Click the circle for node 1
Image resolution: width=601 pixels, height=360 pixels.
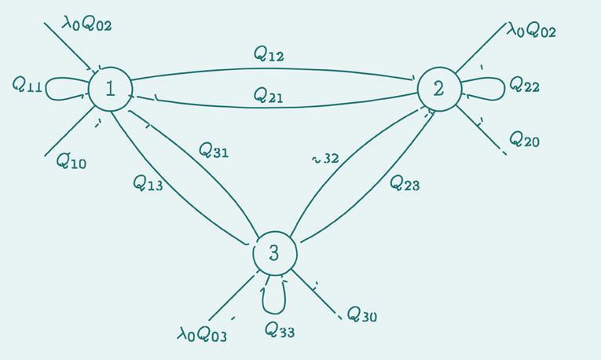pyautogui.click(x=109, y=89)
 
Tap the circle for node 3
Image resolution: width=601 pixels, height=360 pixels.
pyautogui.click(x=274, y=253)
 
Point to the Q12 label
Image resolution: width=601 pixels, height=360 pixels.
pyautogui.click(x=269, y=54)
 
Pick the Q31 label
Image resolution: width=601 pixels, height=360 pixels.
pyautogui.click(x=214, y=149)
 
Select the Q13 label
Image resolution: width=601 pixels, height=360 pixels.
pyautogui.click(x=148, y=183)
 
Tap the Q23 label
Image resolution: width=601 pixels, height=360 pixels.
pyautogui.click(x=405, y=183)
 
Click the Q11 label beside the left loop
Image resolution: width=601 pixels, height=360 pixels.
pyautogui.click(x=27, y=84)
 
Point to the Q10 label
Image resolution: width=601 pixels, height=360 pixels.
pyautogui.click(x=71, y=162)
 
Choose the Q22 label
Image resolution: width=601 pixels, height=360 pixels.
pyautogui.click(x=524, y=84)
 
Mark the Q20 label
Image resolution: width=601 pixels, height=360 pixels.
pyautogui.click(x=524, y=140)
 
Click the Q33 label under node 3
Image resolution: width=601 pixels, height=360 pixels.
pyautogui.click(x=279, y=329)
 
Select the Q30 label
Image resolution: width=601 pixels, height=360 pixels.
pyautogui.click(x=361, y=315)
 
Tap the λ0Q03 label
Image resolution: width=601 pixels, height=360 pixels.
pyautogui.click(x=202, y=334)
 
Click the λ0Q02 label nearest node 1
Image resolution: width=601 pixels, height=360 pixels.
pyautogui.click(x=88, y=24)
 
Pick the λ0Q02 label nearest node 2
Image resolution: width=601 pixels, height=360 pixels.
pyautogui.click(x=531, y=31)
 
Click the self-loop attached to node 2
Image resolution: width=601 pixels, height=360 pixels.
pyautogui.click(x=486, y=88)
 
